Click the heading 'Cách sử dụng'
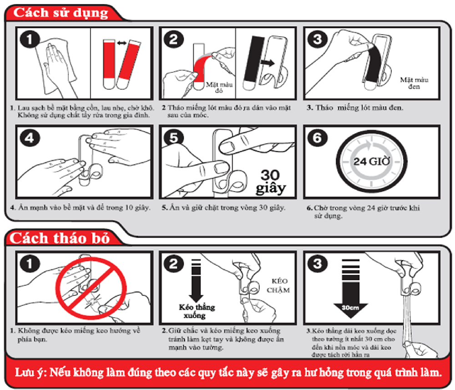[61, 13]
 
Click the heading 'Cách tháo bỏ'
[60, 238]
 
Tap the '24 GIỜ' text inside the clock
[372, 161]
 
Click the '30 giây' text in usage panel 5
[271, 182]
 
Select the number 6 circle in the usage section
[317, 137]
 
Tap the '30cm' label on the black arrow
[350, 308]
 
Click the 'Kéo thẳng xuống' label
[197, 311]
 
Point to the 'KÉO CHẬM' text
[278, 285]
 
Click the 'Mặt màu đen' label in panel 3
[414, 83]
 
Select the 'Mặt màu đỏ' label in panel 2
[219, 87]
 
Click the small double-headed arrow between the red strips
[122, 43]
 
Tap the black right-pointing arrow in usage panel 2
[267, 63]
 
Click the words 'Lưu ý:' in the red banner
[31, 372]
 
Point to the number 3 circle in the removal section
[317, 263]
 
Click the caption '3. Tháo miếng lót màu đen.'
[355, 108]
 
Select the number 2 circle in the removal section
[173, 263]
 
